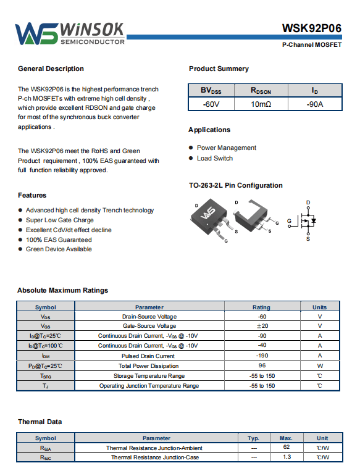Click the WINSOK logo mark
coord(36,33)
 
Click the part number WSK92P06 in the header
coord(312,28)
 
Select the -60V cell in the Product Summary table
coord(211,104)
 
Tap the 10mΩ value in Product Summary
coord(261,104)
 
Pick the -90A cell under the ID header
coord(315,104)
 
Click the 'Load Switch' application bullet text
coord(215,158)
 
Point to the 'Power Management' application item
coord(227,148)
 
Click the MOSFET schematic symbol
coord(303,220)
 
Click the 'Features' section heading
coord(32,195)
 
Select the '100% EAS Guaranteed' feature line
coord(59,240)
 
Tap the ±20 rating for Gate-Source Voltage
coord(262,326)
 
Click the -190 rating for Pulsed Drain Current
coord(262,356)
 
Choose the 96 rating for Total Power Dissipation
coord(262,365)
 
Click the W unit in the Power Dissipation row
coord(320,366)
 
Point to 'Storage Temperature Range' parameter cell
coord(149,376)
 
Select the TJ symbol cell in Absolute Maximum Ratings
coord(46,386)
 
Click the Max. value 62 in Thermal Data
coord(287,447)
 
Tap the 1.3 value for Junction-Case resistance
coord(287,457)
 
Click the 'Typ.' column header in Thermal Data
coord(253,438)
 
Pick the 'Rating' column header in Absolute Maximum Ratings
coord(261,307)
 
